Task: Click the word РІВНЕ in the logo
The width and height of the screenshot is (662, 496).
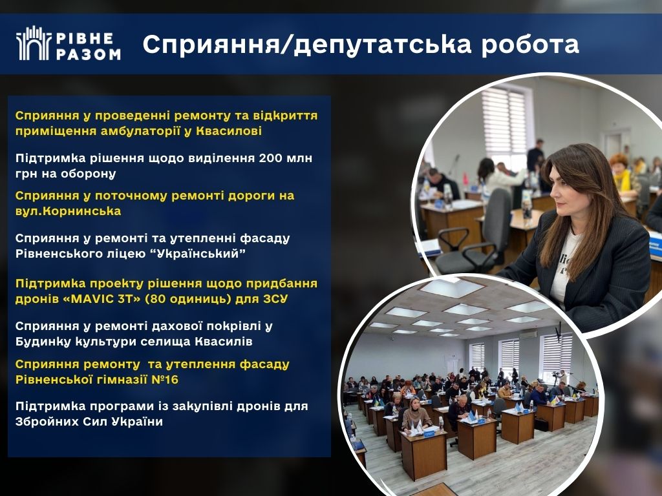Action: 85,38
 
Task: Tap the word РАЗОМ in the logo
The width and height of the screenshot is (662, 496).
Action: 88,54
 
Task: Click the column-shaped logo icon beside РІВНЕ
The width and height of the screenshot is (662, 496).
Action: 34,43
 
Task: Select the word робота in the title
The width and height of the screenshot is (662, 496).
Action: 530,45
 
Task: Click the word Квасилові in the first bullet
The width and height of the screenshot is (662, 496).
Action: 230,130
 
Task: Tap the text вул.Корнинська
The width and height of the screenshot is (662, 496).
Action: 68,211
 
